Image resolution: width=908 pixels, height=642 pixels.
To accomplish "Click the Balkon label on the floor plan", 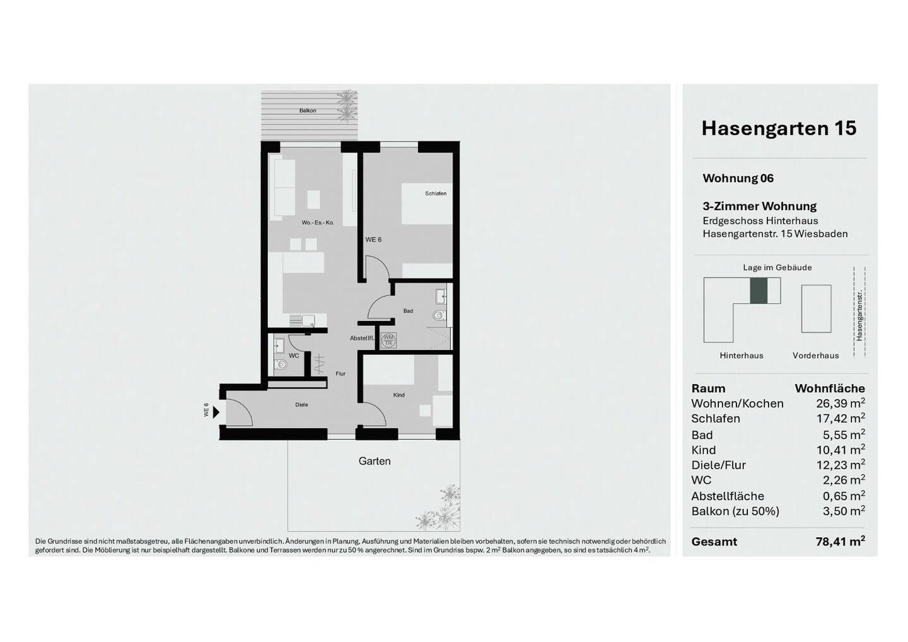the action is click(x=308, y=110).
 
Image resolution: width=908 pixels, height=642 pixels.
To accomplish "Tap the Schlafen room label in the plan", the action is click(x=436, y=194).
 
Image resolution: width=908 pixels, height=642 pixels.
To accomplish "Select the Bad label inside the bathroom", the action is click(x=408, y=311).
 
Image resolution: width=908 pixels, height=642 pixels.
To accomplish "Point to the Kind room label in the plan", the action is click(x=399, y=395).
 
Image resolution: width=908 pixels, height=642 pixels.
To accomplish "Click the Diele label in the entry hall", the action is click(x=301, y=404).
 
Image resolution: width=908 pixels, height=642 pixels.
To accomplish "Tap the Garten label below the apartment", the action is click(x=375, y=461).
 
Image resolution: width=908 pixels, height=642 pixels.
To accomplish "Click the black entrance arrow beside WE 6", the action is click(x=216, y=412).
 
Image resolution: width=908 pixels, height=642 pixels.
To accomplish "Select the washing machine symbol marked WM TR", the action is click(x=388, y=340).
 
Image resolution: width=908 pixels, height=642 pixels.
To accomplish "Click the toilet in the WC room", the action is click(x=281, y=365).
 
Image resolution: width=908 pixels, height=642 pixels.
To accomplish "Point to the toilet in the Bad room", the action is click(x=439, y=315).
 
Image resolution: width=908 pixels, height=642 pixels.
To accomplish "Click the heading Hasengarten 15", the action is click(x=779, y=128).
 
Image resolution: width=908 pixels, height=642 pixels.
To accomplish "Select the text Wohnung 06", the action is click(x=738, y=178).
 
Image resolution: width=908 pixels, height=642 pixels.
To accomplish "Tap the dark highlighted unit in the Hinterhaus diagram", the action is click(x=759, y=291).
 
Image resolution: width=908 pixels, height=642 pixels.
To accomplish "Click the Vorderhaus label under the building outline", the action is click(x=815, y=356).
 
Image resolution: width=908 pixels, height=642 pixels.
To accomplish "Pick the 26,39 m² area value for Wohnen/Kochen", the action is click(x=841, y=403).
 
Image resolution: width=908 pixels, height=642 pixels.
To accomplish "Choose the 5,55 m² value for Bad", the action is click(x=844, y=435).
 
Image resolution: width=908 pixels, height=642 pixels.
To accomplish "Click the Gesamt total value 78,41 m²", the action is click(x=841, y=542).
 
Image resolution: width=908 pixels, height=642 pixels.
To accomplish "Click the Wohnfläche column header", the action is click(x=830, y=388).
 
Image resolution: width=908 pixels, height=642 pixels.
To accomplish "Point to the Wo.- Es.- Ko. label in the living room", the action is click(x=317, y=223).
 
